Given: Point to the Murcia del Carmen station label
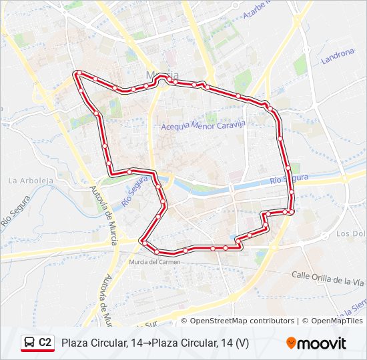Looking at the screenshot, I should (154, 262).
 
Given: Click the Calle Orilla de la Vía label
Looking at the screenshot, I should (328, 278).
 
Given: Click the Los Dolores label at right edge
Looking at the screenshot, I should (352, 233).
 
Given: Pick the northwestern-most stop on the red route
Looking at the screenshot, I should (79, 73).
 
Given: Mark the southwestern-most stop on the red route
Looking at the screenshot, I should (142, 241).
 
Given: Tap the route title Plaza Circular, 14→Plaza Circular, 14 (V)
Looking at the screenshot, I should (155, 343).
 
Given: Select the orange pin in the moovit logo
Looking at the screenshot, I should (291, 343).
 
